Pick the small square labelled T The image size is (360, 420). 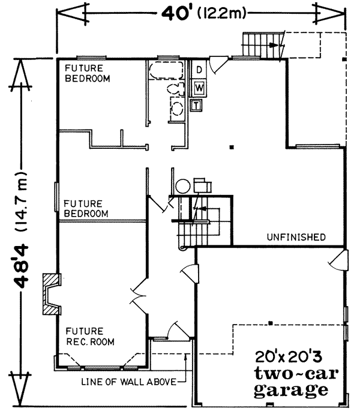pos(195,106)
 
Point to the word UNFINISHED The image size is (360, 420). pos(296,236)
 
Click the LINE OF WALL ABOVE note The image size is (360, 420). pos(129,380)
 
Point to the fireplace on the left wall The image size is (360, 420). pos(50,295)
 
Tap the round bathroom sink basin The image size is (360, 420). pos(177,108)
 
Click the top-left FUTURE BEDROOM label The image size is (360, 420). pos(87,73)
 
